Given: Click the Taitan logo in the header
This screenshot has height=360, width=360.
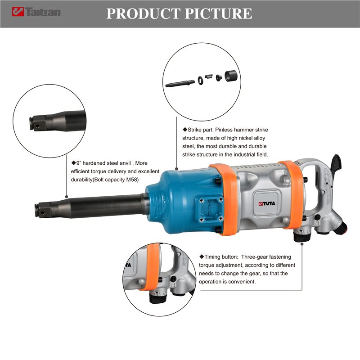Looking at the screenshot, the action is tap(36, 12).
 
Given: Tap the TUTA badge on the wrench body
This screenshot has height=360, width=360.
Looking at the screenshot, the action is tap(266, 203).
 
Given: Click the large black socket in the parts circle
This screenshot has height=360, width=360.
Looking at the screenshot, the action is tap(231, 76).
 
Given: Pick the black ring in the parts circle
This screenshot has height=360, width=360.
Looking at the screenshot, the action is tap(200, 80).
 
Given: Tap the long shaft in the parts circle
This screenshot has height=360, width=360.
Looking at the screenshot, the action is tap(180, 84).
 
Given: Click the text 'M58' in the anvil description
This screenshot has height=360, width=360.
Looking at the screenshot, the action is tap(132, 180).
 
